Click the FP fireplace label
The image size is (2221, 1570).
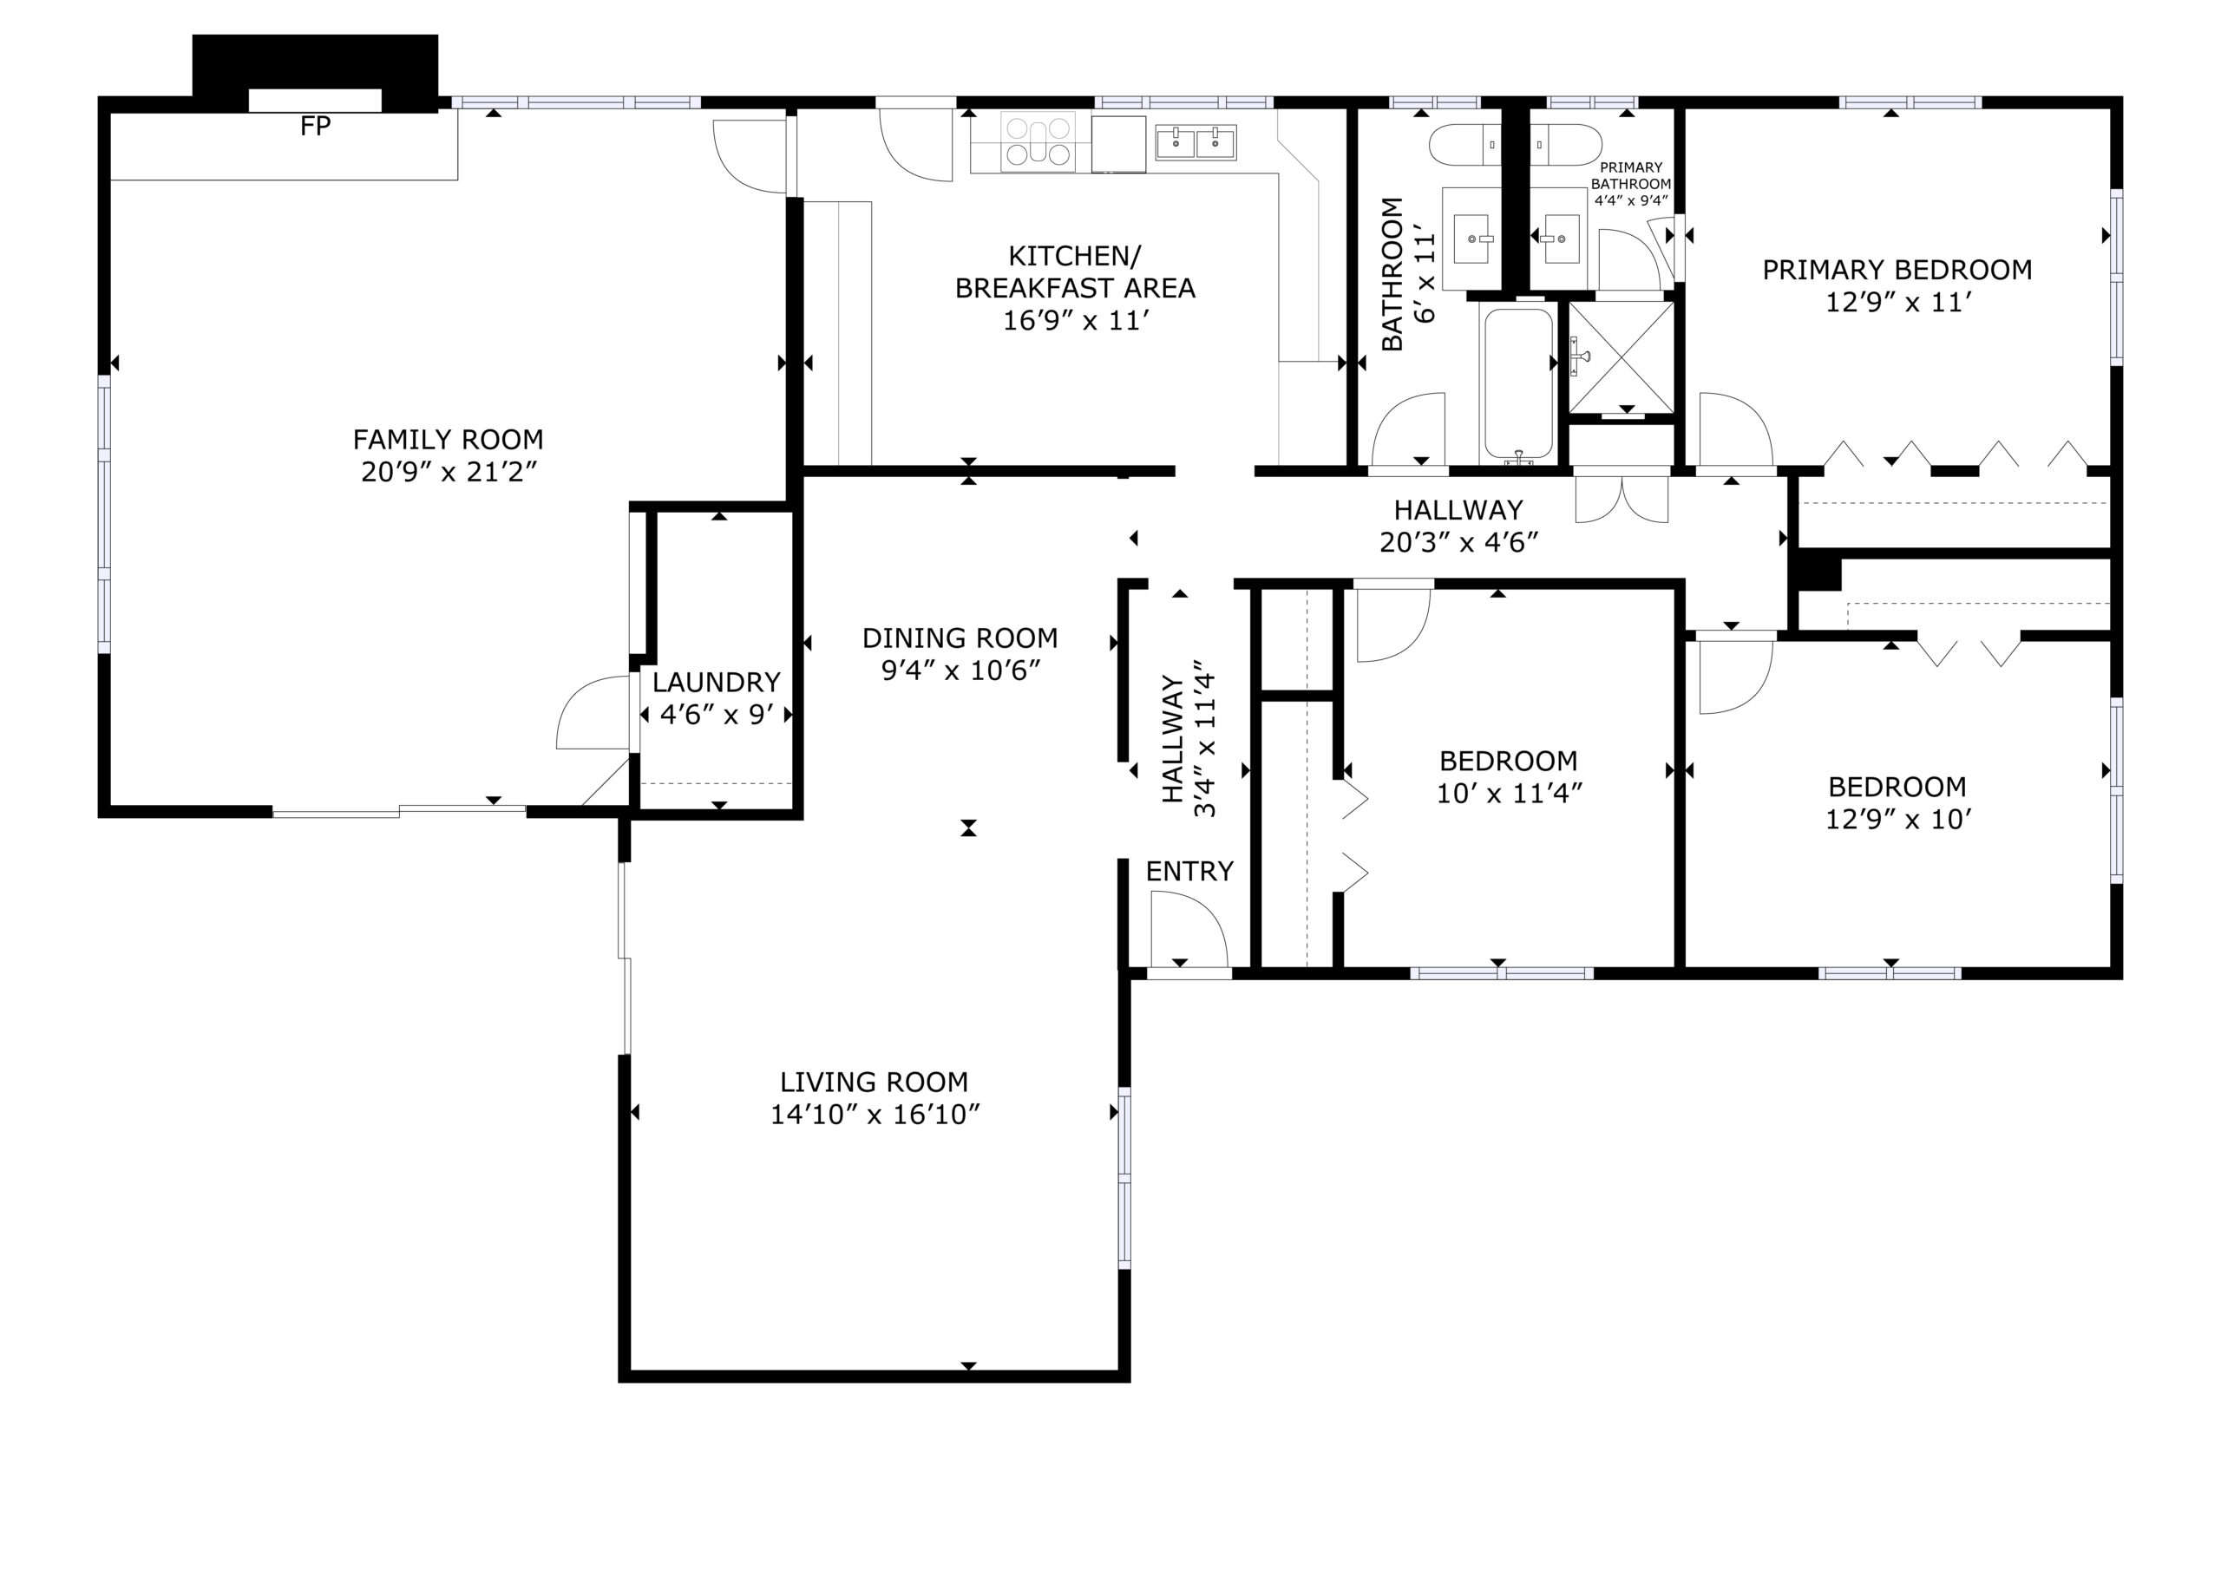(315, 126)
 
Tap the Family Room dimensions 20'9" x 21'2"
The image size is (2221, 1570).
(449, 472)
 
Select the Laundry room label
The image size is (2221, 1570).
(716, 682)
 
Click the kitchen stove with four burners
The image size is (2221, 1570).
(1037, 142)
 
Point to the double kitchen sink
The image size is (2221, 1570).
(1196, 143)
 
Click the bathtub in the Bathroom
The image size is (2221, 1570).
(1519, 385)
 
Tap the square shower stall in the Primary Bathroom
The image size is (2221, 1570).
(1622, 357)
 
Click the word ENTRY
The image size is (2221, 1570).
(1189, 872)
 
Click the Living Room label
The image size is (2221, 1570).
(874, 1082)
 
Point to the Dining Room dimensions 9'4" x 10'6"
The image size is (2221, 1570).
(960, 671)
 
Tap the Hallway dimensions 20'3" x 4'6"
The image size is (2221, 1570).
(1458, 543)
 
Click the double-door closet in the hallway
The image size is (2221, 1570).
(1622, 495)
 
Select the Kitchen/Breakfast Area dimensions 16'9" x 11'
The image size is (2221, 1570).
(1075, 320)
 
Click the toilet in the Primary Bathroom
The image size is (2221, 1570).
(1567, 144)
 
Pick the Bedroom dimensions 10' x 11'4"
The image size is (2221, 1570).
(1509, 793)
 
